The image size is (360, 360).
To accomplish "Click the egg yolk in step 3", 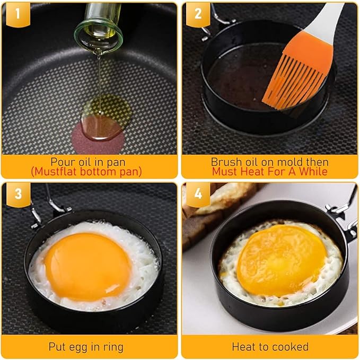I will pos(87,266).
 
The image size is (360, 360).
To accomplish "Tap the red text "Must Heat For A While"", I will pos(269,171).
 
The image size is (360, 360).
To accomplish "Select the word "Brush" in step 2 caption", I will pos(226,161).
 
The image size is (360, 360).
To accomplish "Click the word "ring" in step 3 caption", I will pos(112,347).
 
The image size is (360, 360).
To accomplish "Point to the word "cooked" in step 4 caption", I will pos(291,347).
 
